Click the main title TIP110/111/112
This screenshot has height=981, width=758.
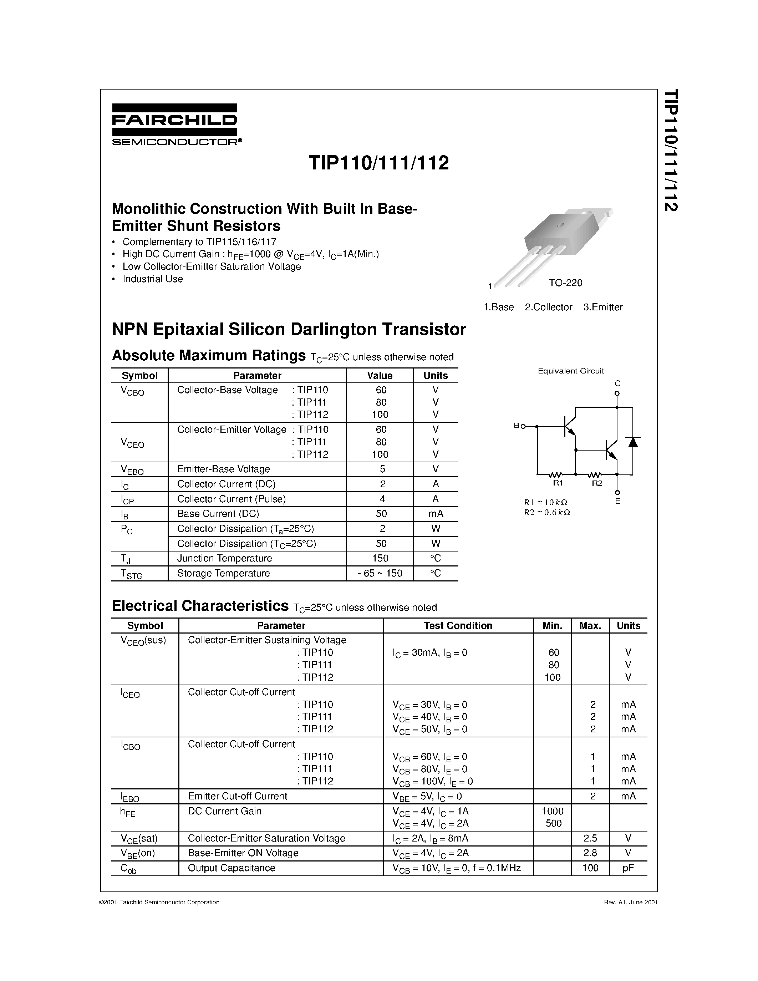pos(378,163)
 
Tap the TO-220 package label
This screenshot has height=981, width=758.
pos(565,283)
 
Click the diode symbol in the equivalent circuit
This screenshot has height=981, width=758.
pos(633,442)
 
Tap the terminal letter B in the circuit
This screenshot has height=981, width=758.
pos(517,425)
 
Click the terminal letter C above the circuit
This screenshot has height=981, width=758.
pos(617,383)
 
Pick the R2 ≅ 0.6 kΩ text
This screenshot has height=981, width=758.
pos(547,513)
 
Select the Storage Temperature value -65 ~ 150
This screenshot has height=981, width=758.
pos(380,573)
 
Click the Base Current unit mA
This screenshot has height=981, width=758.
pos(436,513)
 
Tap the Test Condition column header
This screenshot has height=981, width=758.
pos(458,625)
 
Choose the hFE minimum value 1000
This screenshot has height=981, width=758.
pos(552,811)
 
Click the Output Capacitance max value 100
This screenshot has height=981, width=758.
pos(590,868)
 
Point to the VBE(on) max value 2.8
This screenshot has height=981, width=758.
pos(590,853)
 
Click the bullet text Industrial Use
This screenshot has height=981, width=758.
pos(153,279)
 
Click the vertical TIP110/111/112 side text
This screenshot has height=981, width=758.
pos(671,151)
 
